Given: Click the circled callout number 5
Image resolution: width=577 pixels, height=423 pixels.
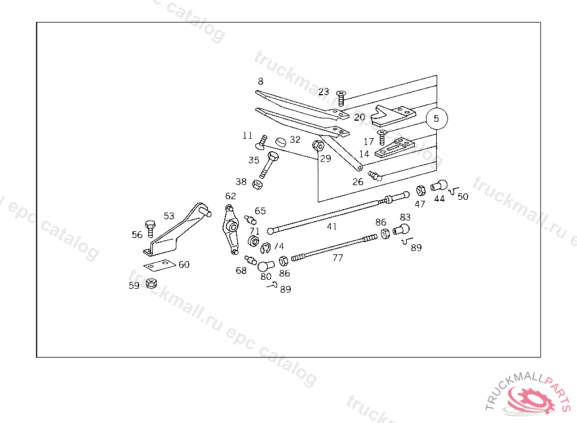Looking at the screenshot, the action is pyautogui.click(x=437, y=119).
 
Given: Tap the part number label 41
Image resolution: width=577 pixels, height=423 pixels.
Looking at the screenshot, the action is pyautogui.click(x=332, y=226).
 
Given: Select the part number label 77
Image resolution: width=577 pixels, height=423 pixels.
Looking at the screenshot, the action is pyautogui.click(x=338, y=258).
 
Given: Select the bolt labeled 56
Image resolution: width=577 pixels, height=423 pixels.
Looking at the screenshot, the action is pyautogui.click(x=150, y=228).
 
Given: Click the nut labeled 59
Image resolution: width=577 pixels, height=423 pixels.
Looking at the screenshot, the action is pyautogui.click(x=150, y=283).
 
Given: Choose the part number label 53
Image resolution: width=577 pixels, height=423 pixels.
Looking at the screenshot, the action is pyautogui.click(x=169, y=216).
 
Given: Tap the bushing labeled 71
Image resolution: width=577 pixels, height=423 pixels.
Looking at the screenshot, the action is pyautogui.click(x=254, y=243).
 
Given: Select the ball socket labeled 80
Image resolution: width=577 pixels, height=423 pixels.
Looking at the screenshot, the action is pyautogui.click(x=265, y=263).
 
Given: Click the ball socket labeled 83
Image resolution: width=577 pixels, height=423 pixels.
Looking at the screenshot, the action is pyautogui.click(x=402, y=228).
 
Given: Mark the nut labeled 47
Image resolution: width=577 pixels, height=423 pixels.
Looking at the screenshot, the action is pyautogui.click(x=420, y=190).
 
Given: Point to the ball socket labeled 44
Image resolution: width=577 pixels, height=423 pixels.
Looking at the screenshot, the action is pyautogui.click(x=439, y=185).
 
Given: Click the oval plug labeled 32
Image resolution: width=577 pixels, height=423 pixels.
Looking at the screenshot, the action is pyautogui.click(x=281, y=140).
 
